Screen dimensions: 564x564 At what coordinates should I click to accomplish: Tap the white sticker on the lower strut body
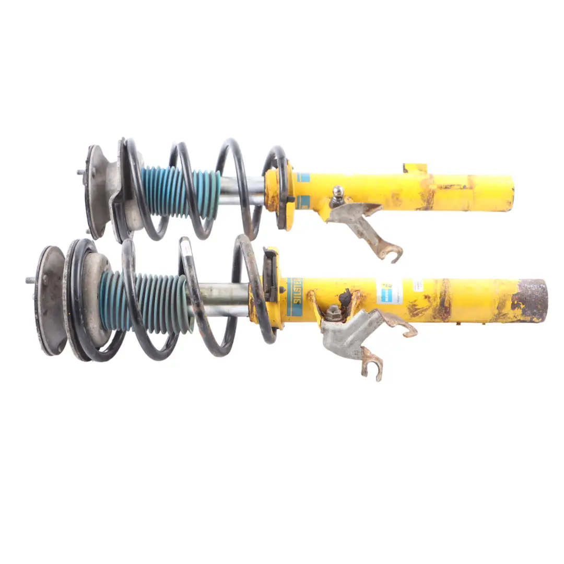coord(389,291)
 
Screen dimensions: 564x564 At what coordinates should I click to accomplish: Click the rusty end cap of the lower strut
coord(530,300)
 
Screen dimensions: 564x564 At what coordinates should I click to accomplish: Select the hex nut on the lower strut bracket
coord(334,314)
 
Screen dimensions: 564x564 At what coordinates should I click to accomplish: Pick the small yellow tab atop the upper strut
coord(415,169)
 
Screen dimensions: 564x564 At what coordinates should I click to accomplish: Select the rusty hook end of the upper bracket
coord(392,253)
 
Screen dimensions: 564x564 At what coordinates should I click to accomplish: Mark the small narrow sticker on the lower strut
coord(418,285)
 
